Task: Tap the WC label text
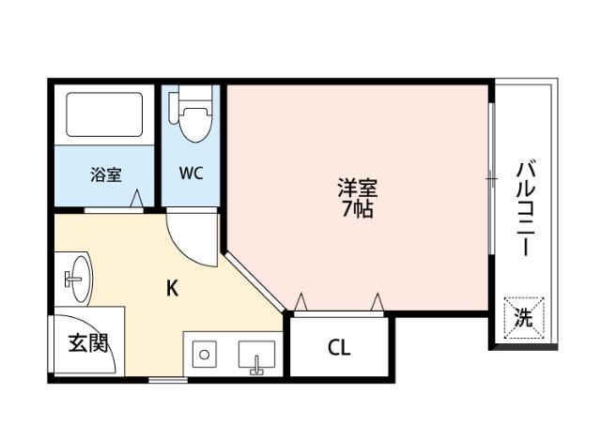click(193, 174)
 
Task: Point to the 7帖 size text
click(357, 209)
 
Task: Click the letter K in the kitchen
click(172, 289)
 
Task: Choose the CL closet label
click(338, 348)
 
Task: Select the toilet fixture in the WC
click(194, 115)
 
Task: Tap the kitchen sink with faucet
click(254, 357)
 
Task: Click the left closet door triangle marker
click(301, 300)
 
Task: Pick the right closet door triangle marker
click(378, 300)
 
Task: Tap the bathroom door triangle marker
click(137, 200)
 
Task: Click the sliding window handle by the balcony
click(490, 176)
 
